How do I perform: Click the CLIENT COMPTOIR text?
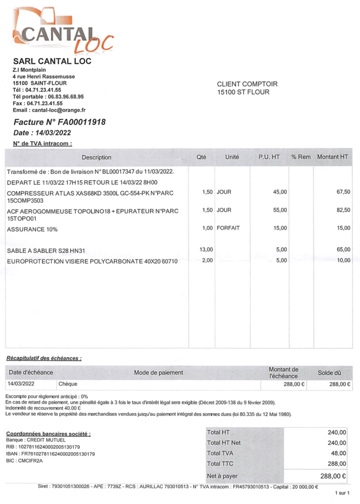247,84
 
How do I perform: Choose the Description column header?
97,157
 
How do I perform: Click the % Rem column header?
301,157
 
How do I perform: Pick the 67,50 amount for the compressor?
343,191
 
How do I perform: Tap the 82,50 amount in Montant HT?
343,210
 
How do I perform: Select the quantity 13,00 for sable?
206,250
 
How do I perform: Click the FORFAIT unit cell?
228,228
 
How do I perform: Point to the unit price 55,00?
280,210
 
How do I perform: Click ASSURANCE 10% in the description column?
32,229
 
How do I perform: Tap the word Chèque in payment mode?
67,384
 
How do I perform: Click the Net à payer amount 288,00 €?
333,476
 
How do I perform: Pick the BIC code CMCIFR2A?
24,461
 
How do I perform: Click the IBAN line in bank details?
50,454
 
